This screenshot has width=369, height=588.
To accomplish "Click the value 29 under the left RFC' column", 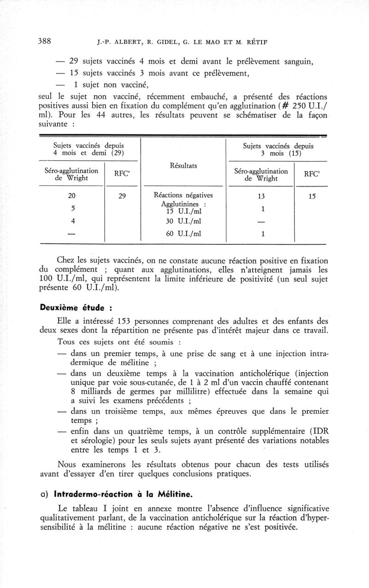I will point(122,196).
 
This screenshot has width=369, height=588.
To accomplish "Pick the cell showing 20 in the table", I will point(72,196).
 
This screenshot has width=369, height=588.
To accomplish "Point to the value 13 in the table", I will point(262,196).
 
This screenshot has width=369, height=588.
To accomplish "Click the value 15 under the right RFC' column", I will point(313,196).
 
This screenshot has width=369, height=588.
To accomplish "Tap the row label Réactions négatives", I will point(183,195).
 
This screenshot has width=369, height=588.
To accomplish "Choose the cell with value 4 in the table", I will point(72,221).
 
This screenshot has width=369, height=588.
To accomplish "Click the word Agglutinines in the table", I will point(180,204).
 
